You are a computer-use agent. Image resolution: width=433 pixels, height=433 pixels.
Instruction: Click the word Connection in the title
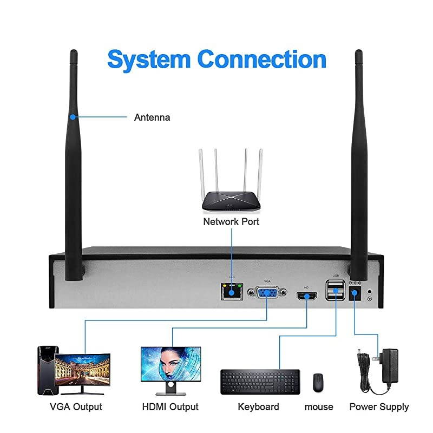[x=261, y=58]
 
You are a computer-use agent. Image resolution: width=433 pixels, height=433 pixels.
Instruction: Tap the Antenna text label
[x=152, y=117]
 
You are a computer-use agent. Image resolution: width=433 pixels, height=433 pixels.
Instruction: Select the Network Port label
[x=231, y=222]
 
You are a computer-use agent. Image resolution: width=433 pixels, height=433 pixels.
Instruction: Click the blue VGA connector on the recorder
[x=267, y=293]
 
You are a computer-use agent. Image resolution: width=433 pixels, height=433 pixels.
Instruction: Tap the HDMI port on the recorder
[x=307, y=296]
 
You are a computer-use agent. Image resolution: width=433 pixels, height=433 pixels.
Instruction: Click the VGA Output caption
[x=76, y=406]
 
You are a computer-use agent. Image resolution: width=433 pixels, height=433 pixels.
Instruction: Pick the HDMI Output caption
[x=170, y=406]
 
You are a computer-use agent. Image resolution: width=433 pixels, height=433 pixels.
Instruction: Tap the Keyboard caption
[x=259, y=406]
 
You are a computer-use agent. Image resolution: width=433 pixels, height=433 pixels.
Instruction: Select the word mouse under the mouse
[x=319, y=406]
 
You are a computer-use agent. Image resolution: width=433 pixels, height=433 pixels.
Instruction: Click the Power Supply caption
[x=379, y=406]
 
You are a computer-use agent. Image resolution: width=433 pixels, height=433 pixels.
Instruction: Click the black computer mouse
[x=318, y=383]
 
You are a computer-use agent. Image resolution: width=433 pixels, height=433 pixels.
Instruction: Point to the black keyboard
[x=260, y=382]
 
